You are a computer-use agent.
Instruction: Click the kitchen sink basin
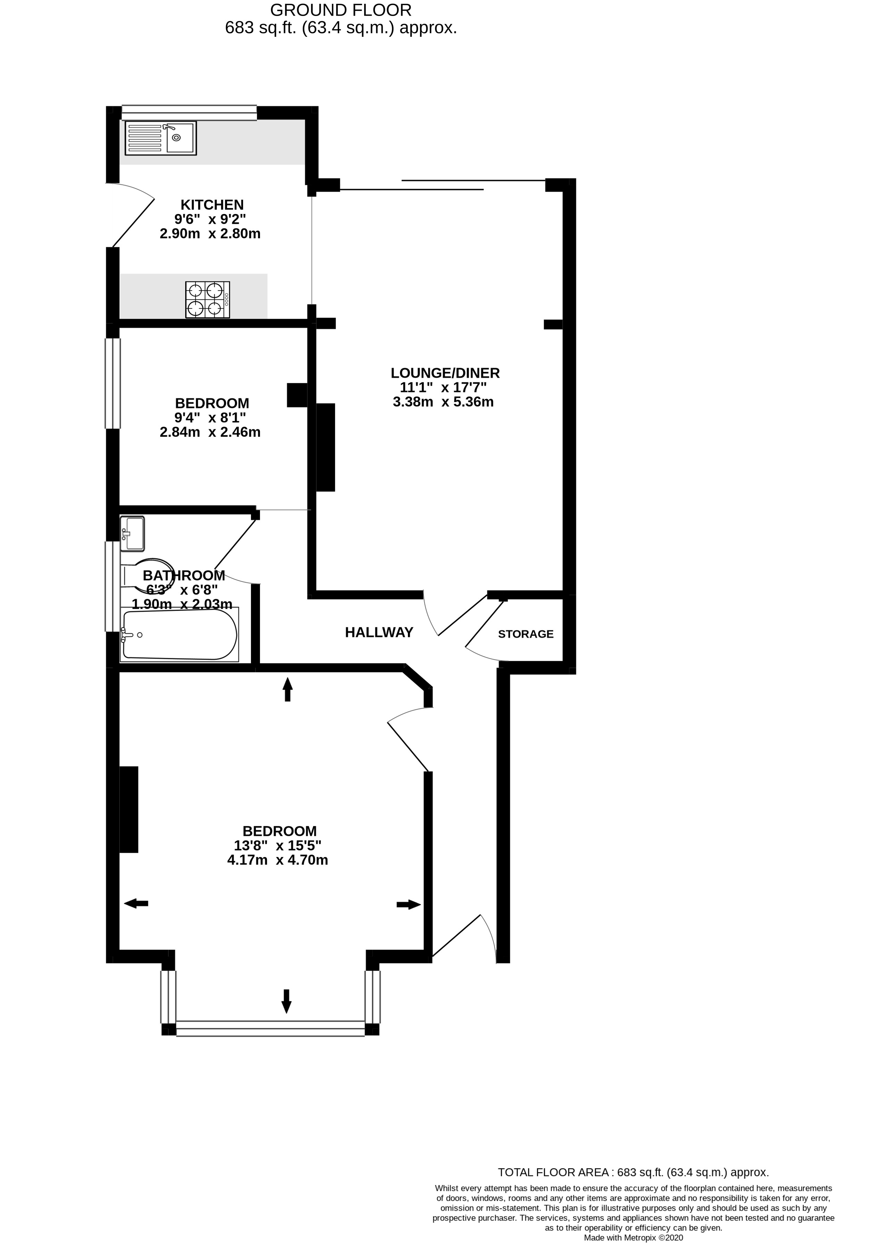click(180, 138)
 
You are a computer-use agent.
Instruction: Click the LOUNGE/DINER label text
click(445, 373)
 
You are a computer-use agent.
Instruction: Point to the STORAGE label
click(525, 634)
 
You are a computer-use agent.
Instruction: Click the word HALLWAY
click(379, 632)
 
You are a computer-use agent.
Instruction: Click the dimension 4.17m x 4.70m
click(277, 861)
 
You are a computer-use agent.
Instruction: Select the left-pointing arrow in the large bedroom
click(136, 904)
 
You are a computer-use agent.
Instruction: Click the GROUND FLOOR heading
click(341, 10)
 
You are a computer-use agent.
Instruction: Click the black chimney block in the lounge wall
click(326, 447)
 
